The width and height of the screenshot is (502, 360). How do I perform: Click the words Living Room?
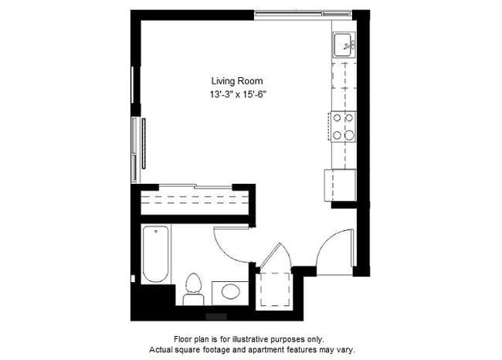(237, 80)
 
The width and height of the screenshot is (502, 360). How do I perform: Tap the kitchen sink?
(343, 46)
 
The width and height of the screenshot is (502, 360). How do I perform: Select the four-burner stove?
(343, 127)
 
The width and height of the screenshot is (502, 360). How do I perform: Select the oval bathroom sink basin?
(229, 293)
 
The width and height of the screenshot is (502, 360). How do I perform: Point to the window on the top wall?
(293, 12)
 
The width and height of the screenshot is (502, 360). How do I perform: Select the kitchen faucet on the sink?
(349, 46)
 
